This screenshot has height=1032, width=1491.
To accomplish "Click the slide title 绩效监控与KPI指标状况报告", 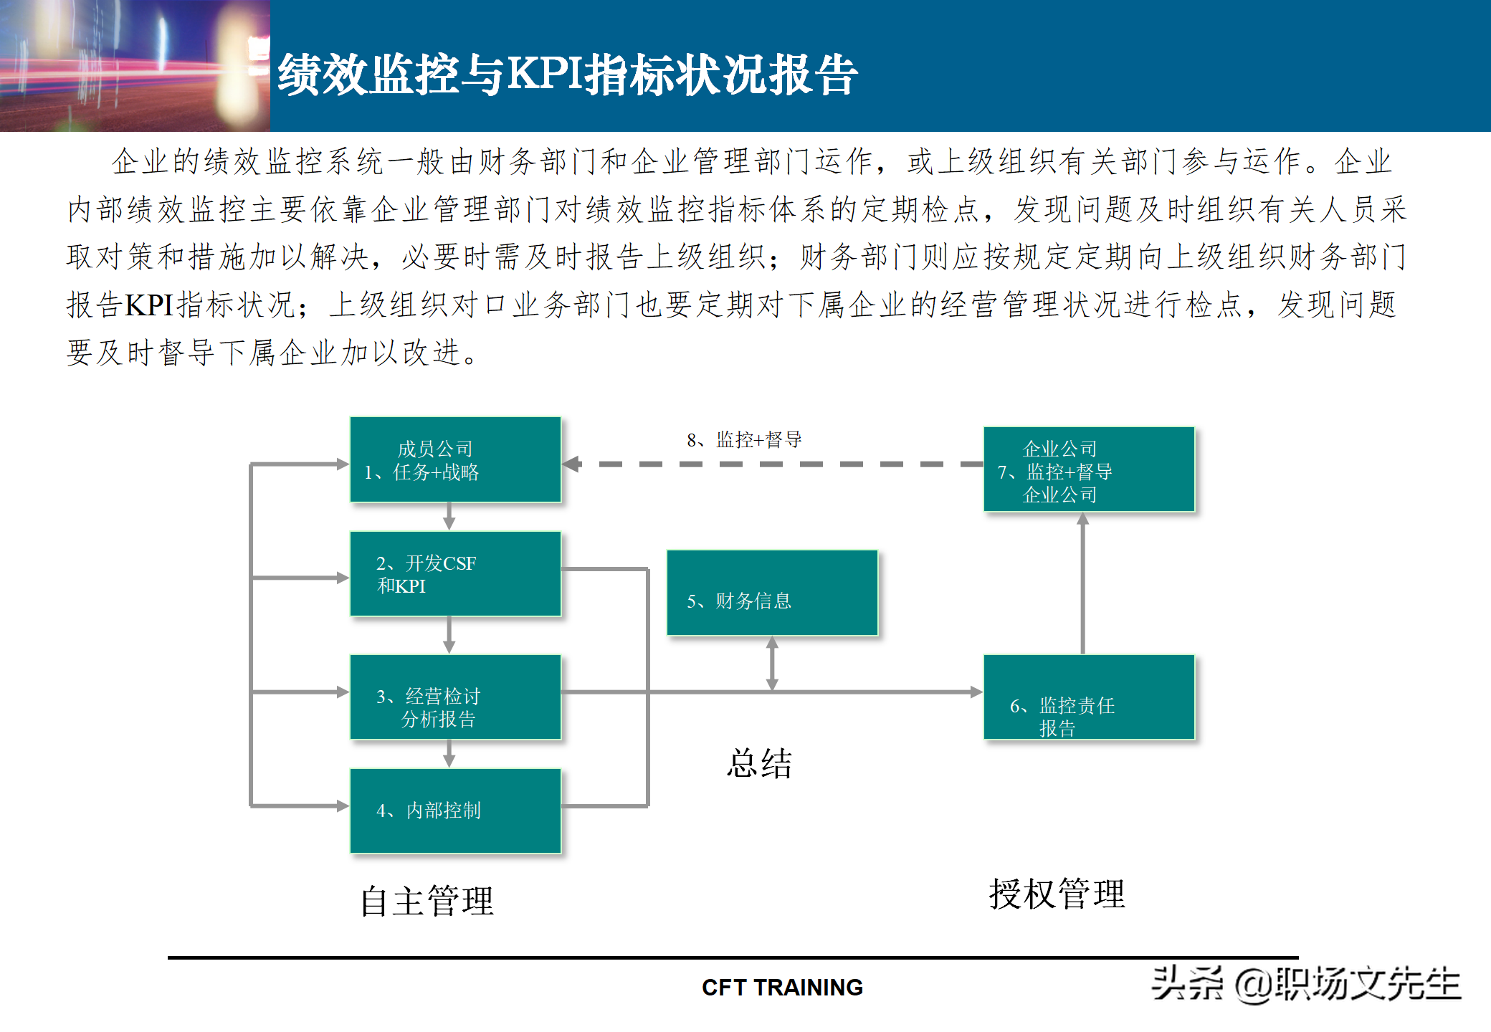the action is pyautogui.click(x=567, y=74).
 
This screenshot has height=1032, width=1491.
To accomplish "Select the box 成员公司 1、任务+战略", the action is pyautogui.click(x=455, y=459).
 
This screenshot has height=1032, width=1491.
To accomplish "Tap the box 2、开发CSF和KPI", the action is pyautogui.click(x=455, y=574).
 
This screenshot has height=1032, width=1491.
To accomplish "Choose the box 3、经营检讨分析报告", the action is pyautogui.click(x=455, y=697).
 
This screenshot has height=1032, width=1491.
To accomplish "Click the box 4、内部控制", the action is pyautogui.click(x=455, y=811).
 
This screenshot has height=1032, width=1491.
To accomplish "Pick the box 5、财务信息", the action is pyautogui.click(x=772, y=593).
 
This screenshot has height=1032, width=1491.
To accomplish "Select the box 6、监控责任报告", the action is pyautogui.click(x=1089, y=697).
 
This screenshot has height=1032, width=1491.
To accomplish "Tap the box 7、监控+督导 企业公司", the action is pyautogui.click(x=1089, y=469).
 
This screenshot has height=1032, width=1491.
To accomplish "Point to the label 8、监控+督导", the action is pyautogui.click(x=744, y=439).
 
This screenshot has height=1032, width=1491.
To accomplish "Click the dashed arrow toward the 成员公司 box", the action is pyautogui.click(x=773, y=464).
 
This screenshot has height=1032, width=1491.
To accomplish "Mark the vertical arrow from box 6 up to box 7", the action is pyautogui.click(x=1082, y=584).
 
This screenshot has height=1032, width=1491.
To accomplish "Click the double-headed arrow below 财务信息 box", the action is pyautogui.click(x=772, y=664).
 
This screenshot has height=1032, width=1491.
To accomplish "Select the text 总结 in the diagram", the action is pyautogui.click(x=759, y=763).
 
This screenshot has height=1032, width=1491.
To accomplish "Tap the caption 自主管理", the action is pyautogui.click(x=427, y=901).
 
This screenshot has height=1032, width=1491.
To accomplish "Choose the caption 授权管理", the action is pyautogui.click(x=1057, y=894).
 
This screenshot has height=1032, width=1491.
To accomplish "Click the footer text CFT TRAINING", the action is pyautogui.click(x=782, y=988).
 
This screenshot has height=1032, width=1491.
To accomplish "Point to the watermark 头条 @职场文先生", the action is pyautogui.click(x=1305, y=983).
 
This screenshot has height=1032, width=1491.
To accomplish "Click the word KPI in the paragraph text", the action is pyautogui.click(x=149, y=305).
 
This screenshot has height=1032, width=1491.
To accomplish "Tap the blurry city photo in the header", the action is pyautogui.click(x=135, y=66).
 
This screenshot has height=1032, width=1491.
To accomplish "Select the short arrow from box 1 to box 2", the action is pyautogui.click(x=449, y=516).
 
